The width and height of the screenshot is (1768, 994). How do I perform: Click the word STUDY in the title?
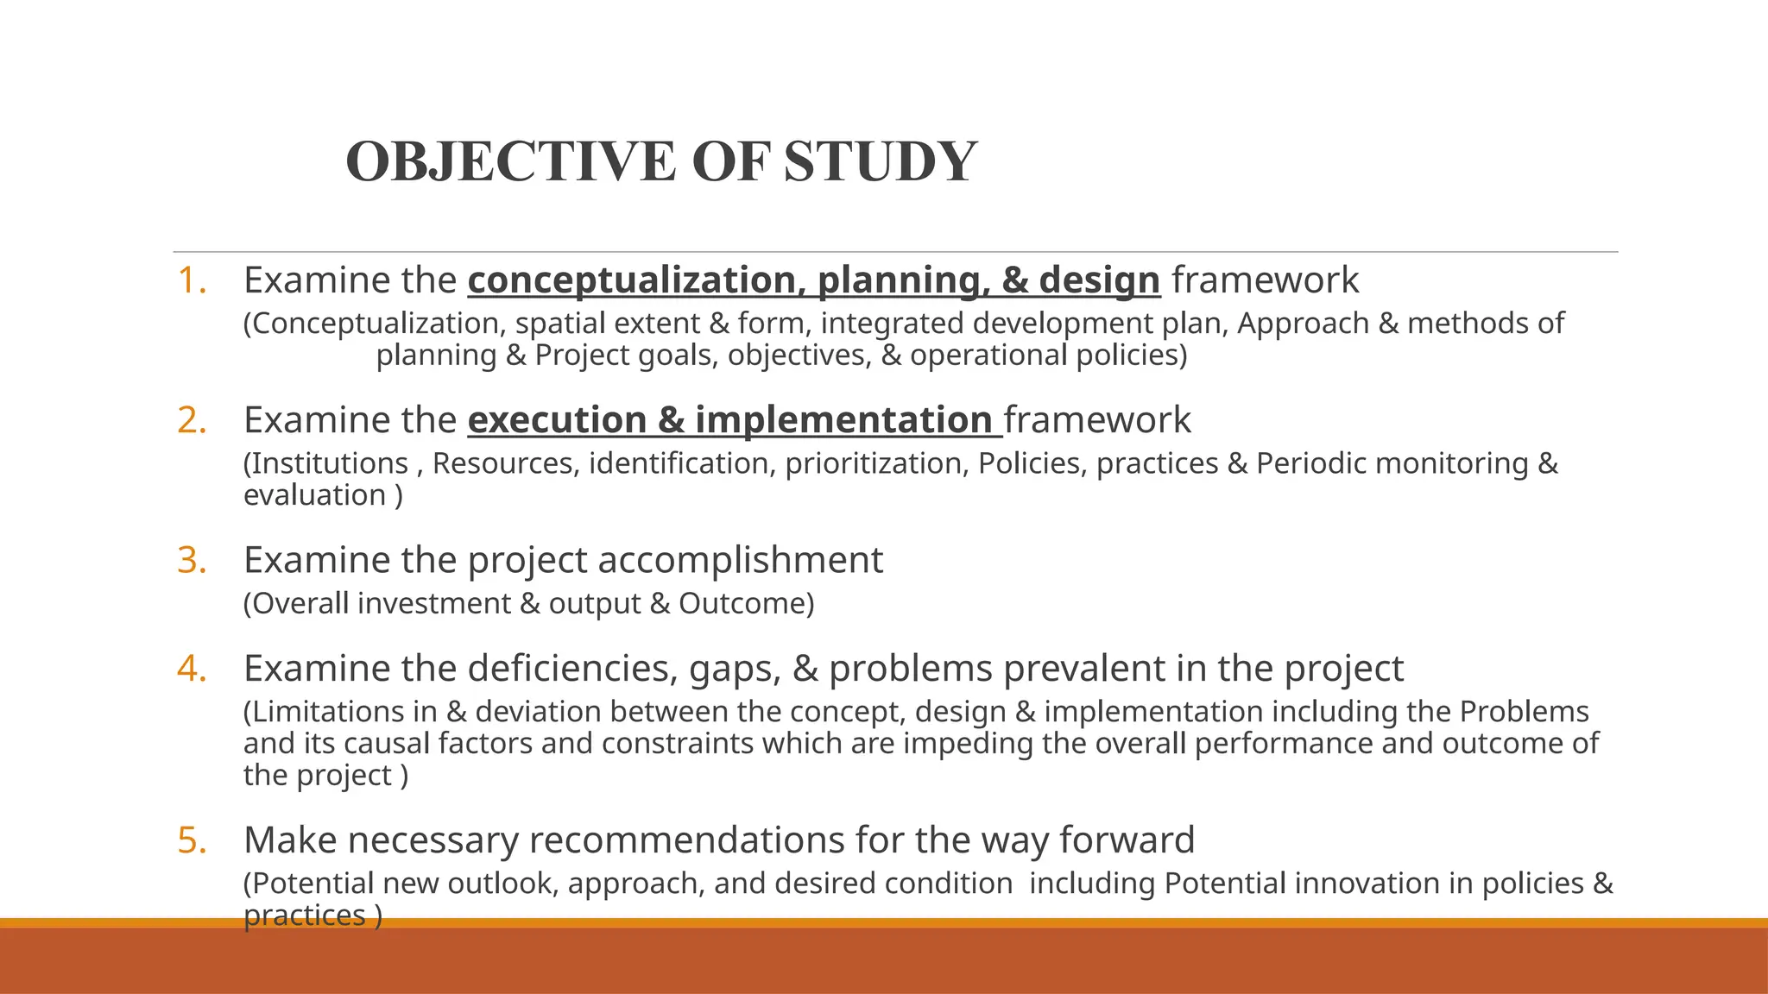point(880,162)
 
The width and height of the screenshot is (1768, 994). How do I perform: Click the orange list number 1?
point(192,280)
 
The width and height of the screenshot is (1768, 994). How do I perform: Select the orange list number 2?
point(192,420)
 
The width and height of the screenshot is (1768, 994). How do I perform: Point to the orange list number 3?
point(192,560)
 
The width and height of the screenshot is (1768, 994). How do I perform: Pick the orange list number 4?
point(192,669)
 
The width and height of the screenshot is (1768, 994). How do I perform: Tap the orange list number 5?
point(192,840)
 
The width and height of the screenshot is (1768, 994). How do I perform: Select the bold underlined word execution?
point(557,420)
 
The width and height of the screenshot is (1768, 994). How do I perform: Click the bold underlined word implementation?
point(843,420)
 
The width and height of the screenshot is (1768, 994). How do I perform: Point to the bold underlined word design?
point(1099,280)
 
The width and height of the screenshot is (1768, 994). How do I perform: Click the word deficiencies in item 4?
point(572,669)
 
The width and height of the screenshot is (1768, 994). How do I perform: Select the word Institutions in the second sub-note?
point(329,463)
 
